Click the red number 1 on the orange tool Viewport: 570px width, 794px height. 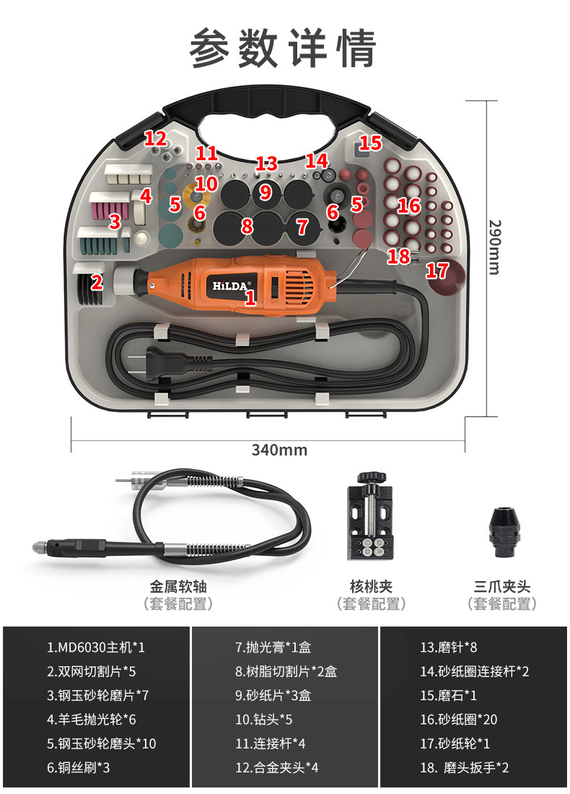[x=250, y=296]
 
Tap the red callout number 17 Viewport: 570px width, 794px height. [x=437, y=271]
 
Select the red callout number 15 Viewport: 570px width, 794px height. [x=370, y=142]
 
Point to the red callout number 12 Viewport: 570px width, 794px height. [x=155, y=138]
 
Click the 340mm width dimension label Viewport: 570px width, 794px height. [x=279, y=450]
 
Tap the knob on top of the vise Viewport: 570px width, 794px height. [x=370, y=477]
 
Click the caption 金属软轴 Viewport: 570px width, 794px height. [x=178, y=587]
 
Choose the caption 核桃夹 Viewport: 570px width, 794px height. [x=371, y=587]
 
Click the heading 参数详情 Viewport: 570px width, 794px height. [x=284, y=49]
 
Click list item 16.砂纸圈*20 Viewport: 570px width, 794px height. [x=459, y=720]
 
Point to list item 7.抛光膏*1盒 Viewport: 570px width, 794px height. [x=273, y=648]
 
